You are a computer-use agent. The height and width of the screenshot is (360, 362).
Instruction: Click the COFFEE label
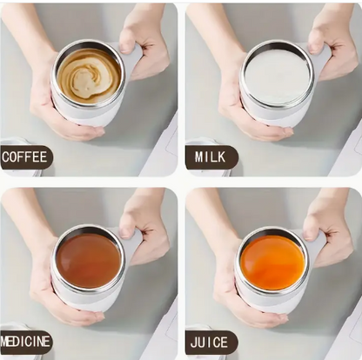coord(24,157)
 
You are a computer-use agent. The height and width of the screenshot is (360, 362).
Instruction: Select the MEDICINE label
coord(25,340)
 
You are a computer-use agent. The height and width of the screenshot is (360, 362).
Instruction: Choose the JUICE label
coord(210,340)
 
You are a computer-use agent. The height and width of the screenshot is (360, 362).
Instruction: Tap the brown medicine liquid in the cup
coord(89,260)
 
